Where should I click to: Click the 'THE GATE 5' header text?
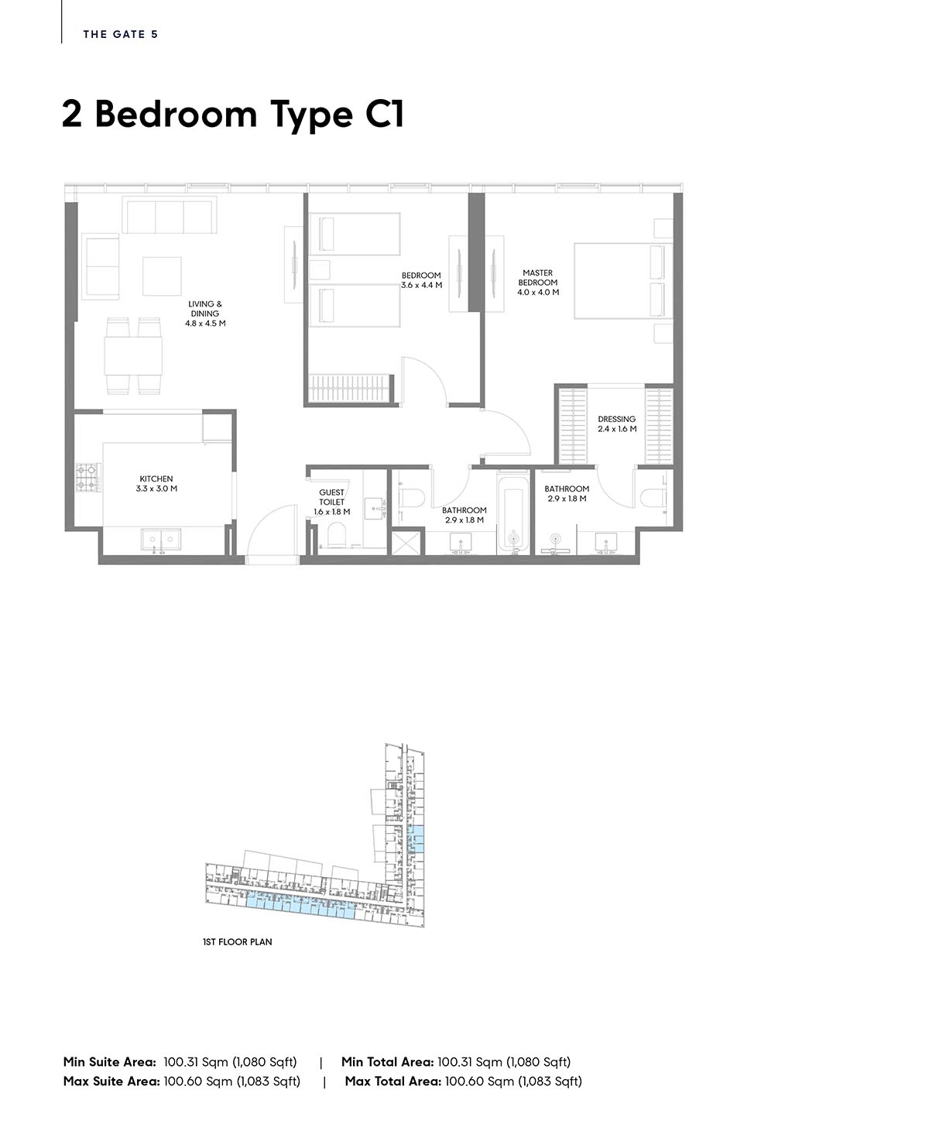tap(121, 34)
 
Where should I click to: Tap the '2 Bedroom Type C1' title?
tap(233, 115)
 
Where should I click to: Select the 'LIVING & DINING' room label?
tap(205, 309)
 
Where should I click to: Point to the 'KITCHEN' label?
tap(156, 479)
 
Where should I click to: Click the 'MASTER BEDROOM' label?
tap(538, 278)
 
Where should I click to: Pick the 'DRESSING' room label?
tap(617, 420)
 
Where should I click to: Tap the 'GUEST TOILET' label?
tap(331, 497)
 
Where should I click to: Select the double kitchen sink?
tap(161, 539)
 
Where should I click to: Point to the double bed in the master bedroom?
tap(623, 281)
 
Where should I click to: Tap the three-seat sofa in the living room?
tap(170, 215)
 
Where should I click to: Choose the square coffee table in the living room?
tap(162, 276)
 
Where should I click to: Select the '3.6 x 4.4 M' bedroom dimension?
tap(422, 286)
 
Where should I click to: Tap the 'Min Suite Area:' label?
tap(109, 1062)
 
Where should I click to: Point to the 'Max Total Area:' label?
tap(393, 1081)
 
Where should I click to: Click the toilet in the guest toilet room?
tap(337, 536)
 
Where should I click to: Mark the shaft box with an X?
tap(407, 543)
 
